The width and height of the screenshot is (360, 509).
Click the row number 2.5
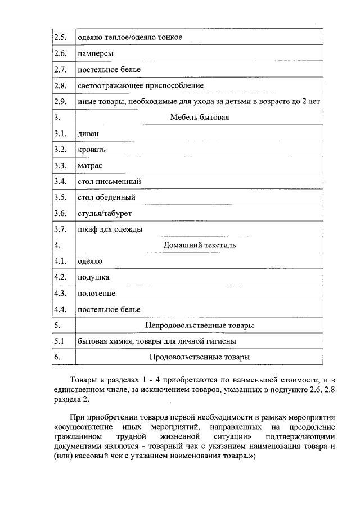tap(60, 37)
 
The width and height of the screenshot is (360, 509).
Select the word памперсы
tap(95, 53)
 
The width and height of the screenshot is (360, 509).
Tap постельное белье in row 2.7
tap(109, 69)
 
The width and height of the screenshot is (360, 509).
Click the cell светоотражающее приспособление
tap(140, 85)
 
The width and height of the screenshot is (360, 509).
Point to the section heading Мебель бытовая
tap(199, 118)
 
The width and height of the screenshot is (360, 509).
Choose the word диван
tap(89, 134)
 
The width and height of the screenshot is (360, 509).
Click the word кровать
tap(92, 150)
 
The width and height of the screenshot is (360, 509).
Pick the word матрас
tap(90, 166)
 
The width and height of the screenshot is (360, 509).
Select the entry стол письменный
tap(109, 182)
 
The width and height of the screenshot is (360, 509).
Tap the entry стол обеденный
tap(106, 197)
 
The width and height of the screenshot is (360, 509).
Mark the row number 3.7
tap(60, 229)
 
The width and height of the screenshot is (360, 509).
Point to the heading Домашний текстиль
tap(199, 245)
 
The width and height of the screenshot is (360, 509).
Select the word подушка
tap(93, 277)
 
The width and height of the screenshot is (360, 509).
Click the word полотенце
tap(96, 293)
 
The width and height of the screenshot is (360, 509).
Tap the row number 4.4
tap(60, 309)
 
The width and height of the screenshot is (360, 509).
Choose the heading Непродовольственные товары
tap(199, 325)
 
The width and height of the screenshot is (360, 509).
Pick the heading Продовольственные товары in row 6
tap(199, 357)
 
